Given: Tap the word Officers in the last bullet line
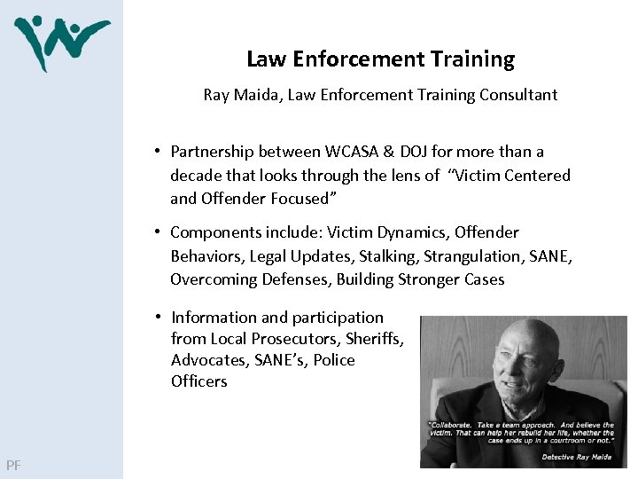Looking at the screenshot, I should tap(199, 381).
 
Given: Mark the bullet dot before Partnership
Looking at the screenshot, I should tap(154, 151).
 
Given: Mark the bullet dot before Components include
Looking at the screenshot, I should tap(154, 232).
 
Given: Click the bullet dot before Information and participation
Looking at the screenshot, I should tap(155, 317).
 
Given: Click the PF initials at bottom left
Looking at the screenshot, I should tap(13, 465).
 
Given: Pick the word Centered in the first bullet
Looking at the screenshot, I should tap(538, 176).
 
